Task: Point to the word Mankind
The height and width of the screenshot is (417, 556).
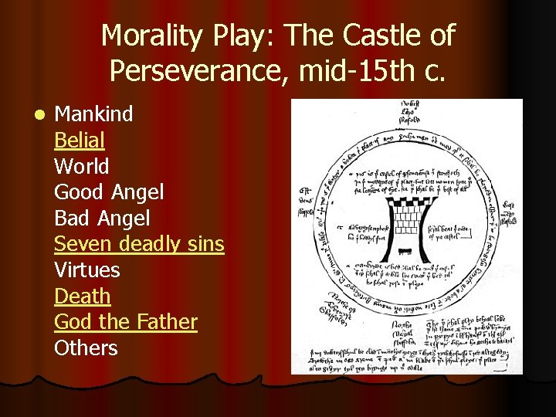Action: pyautogui.click(x=93, y=114)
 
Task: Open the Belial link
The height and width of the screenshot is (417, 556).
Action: pyautogui.click(x=80, y=141)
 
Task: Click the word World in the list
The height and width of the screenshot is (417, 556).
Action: pyautogui.click(x=82, y=166)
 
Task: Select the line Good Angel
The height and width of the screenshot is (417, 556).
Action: pyautogui.click(x=109, y=192)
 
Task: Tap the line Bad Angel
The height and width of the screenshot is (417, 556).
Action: pyautogui.click(x=102, y=218)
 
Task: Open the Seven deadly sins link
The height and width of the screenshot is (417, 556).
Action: pyautogui.click(x=139, y=244)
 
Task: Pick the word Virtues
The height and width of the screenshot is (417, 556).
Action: pyautogui.click(x=87, y=270)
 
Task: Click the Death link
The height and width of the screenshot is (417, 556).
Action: pyautogui.click(x=83, y=296)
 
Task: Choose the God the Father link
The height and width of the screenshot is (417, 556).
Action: pyautogui.click(x=126, y=322)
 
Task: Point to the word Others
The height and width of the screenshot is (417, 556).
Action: pyautogui.click(x=86, y=347)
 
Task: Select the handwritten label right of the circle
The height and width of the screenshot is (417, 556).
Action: pyautogui.click(x=509, y=211)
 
